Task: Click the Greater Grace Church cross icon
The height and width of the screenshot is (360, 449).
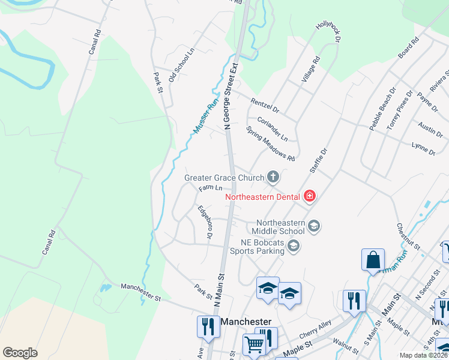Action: tap(273, 177)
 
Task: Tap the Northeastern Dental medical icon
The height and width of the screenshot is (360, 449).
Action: tap(309, 196)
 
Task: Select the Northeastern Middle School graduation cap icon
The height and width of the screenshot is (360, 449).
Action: tap(313, 226)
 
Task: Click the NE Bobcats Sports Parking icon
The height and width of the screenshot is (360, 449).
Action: tap(293, 245)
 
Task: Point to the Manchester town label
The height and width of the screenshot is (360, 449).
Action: tap(246, 322)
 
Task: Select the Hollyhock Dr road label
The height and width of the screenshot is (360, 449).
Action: tap(328, 32)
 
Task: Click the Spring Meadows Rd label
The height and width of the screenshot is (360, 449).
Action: tap(270, 143)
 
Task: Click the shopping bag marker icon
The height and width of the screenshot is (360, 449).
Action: tap(373, 259)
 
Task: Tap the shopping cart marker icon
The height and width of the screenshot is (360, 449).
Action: tap(255, 344)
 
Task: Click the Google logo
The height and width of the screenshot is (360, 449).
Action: tap(20, 353)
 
